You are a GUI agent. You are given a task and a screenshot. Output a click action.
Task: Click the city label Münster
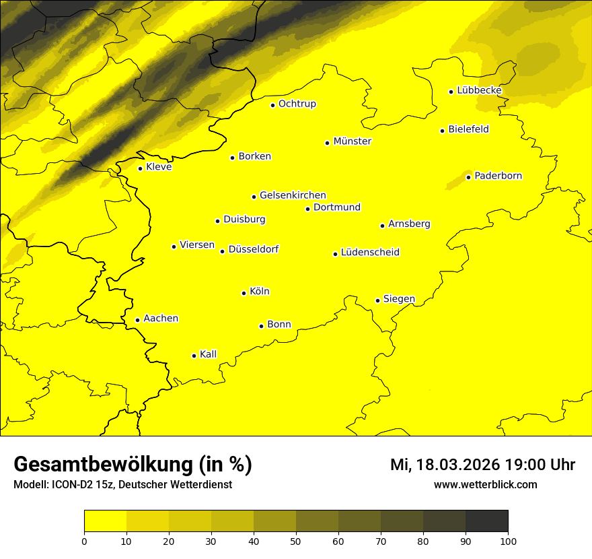[x=352, y=141]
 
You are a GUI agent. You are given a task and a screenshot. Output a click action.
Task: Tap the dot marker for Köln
[x=244, y=293]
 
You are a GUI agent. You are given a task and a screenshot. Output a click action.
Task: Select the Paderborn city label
[x=498, y=176]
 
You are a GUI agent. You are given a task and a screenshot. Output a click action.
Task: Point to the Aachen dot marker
[x=137, y=320]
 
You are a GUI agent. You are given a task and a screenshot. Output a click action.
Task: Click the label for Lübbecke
[x=479, y=90]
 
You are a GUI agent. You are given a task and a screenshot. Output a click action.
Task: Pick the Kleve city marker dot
[x=140, y=168]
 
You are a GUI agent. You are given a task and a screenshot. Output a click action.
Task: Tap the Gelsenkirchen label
[x=293, y=195]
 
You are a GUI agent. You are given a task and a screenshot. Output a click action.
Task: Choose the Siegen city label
[x=399, y=299]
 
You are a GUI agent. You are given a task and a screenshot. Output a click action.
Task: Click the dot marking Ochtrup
[x=272, y=105]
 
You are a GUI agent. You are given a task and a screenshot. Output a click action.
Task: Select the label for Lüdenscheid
[x=370, y=253]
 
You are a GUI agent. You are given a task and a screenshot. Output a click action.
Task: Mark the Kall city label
[x=208, y=354]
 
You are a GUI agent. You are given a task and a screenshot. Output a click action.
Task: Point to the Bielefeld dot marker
[x=442, y=131]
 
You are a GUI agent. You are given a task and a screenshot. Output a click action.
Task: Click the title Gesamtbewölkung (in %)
[x=133, y=465]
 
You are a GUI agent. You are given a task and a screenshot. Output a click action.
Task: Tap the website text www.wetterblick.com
[x=485, y=484]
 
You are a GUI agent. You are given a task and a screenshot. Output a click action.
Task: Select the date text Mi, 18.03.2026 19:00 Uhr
[x=482, y=465]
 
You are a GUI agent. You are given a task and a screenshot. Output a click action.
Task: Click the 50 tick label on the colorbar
[x=296, y=540]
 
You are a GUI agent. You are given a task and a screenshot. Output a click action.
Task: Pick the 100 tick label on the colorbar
[x=508, y=540]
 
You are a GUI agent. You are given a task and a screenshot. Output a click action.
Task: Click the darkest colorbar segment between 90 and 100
[x=486, y=521]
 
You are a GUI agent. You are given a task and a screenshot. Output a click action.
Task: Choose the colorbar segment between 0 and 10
[x=105, y=521]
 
